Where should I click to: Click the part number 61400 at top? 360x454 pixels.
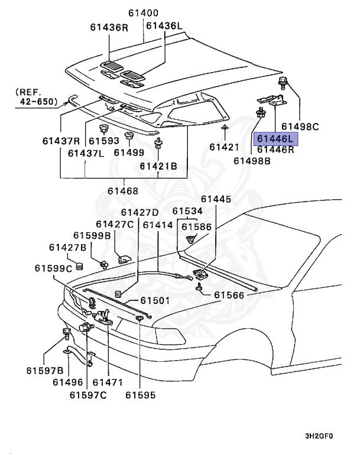144,12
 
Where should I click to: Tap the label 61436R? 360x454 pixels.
109,27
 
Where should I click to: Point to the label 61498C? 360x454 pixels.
300,126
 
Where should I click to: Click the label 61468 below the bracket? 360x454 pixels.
122,190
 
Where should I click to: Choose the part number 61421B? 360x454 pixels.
158,166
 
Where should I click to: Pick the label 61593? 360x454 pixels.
103,141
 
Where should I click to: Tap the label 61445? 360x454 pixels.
216,199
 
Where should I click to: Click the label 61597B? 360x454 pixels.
44,371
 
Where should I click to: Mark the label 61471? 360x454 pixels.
108,382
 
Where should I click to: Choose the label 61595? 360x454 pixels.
142,394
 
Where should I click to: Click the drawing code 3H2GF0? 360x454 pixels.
319,436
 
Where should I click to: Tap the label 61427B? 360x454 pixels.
68,247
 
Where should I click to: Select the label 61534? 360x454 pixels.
187,211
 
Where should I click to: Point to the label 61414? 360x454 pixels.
158,225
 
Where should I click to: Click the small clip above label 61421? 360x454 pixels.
225,127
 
